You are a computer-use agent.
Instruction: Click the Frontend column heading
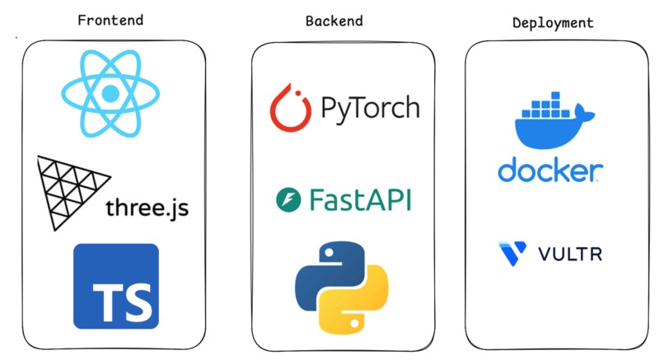coord(111,20)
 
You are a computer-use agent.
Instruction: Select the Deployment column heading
coord(553,23)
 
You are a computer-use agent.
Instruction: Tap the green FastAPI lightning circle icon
coord(288,199)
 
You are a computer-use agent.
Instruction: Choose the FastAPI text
coord(360,199)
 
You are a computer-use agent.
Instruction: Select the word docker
coord(549,171)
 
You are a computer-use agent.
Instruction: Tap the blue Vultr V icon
coord(511,253)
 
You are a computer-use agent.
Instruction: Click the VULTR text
coord(570,254)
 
